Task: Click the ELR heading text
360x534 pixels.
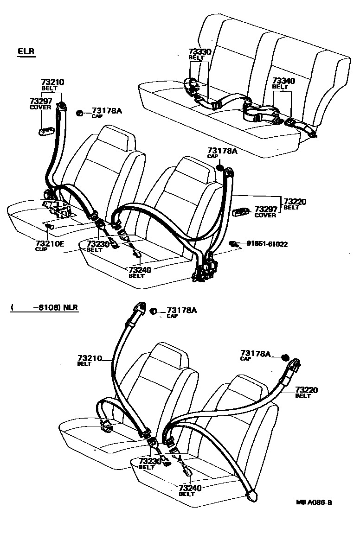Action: tap(26, 51)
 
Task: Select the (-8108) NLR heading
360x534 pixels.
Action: tap(45, 307)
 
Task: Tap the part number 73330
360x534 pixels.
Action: tap(200, 52)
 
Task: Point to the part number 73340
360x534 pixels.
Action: tap(283, 81)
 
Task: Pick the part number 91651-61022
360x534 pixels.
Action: tap(267, 243)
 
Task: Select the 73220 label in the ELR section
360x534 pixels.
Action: tap(295, 202)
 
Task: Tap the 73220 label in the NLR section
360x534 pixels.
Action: tap(306, 390)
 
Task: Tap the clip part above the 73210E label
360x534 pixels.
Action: tap(51, 226)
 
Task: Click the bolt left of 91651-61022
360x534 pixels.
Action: tap(235, 243)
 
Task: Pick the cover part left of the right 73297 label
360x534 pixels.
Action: tap(241, 212)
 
